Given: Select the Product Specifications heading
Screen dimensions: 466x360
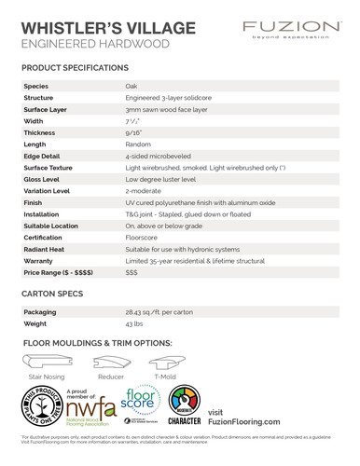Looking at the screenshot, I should point(75,68).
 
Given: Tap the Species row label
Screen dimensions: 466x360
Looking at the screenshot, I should point(37,85).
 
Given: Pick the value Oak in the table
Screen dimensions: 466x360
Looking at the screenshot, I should point(132,85).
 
